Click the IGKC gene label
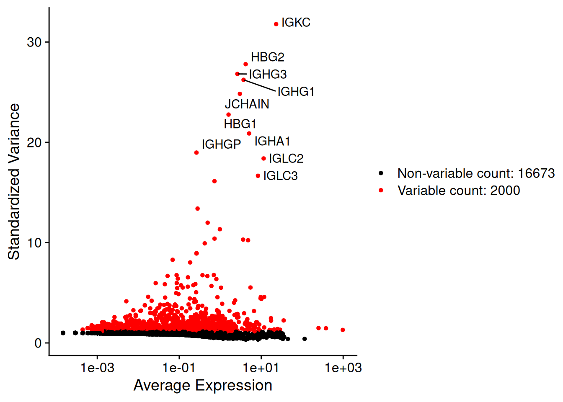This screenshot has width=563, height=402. pyautogui.click(x=296, y=23)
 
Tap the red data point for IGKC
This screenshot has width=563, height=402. pyautogui.click(x=276, y=24)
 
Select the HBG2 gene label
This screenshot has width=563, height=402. pyautogui.click(x=267, y=57)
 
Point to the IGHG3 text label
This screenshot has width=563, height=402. pyautogui.click(x=268, y=75)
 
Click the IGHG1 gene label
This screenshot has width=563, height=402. pyautogui.click(x=296, y=91)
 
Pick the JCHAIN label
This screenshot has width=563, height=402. pyautogui.click(x=247, y=104)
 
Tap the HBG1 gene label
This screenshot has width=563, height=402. pyautogui.click(x=240, y=124)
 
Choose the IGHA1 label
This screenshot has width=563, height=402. pyautogui.click(x=272, y=141)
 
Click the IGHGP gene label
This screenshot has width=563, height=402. pyautogui.click(x=221, y=144)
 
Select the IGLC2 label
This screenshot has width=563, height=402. pyautogui.click(x=286, y=159)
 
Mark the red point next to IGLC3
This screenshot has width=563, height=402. pyautogui.click(x=258, y=176)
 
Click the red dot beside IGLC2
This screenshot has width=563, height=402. pyautogui.click(x=263, y=159)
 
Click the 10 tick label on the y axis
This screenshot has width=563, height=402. pyautogui.click(x=34, y=243)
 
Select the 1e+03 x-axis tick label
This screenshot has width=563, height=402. pyautogui.click(x=343, y=368)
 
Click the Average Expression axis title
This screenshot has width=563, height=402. pyautogui.click(x=203, y=385)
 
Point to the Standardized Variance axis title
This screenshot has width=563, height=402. pyautogui.click(x=14, y=181)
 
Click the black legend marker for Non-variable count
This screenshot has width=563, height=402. pyautogui.click(x=381, y=173)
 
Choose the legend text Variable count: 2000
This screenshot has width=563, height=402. pyautogui.click(x=459, y=191)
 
